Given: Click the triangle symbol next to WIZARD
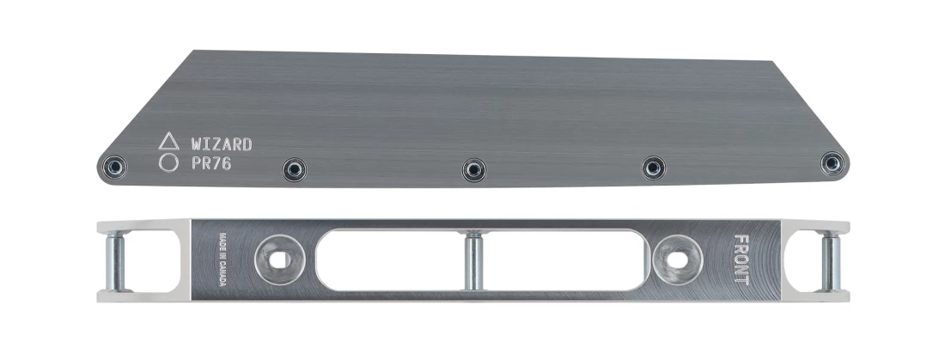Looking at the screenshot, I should click(168, 142).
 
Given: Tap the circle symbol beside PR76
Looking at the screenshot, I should click(168, 162).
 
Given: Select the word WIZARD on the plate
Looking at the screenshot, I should click(222, 143).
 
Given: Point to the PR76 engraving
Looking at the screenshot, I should click(212, 162).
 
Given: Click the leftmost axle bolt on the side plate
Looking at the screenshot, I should click(113, 168).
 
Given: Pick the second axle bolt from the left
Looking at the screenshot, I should click(295, 169).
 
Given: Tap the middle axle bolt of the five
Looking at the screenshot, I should click(474, 170).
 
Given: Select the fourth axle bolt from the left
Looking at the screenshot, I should click(653, 168).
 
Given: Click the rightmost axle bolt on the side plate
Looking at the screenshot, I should click(832, 163).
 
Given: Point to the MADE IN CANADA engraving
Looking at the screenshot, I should click(222, 259).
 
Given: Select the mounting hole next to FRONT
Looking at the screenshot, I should click(674, 259).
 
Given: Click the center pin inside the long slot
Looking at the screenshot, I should click(473, 260).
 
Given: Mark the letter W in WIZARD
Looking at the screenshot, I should click(197, 143).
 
